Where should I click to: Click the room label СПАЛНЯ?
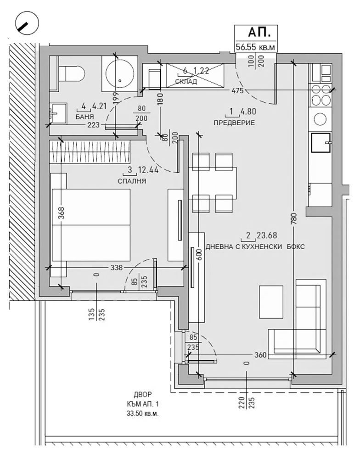132,181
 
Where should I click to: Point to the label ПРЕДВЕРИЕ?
234,123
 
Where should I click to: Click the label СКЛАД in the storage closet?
186,82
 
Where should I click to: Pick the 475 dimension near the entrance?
237,91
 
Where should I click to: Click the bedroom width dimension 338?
117,268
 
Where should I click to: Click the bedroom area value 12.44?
148,170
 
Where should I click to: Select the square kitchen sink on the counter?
321,143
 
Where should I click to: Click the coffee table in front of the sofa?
271,302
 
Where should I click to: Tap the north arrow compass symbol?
27,24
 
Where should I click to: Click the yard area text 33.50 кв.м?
143,414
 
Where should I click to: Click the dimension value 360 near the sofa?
260,355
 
